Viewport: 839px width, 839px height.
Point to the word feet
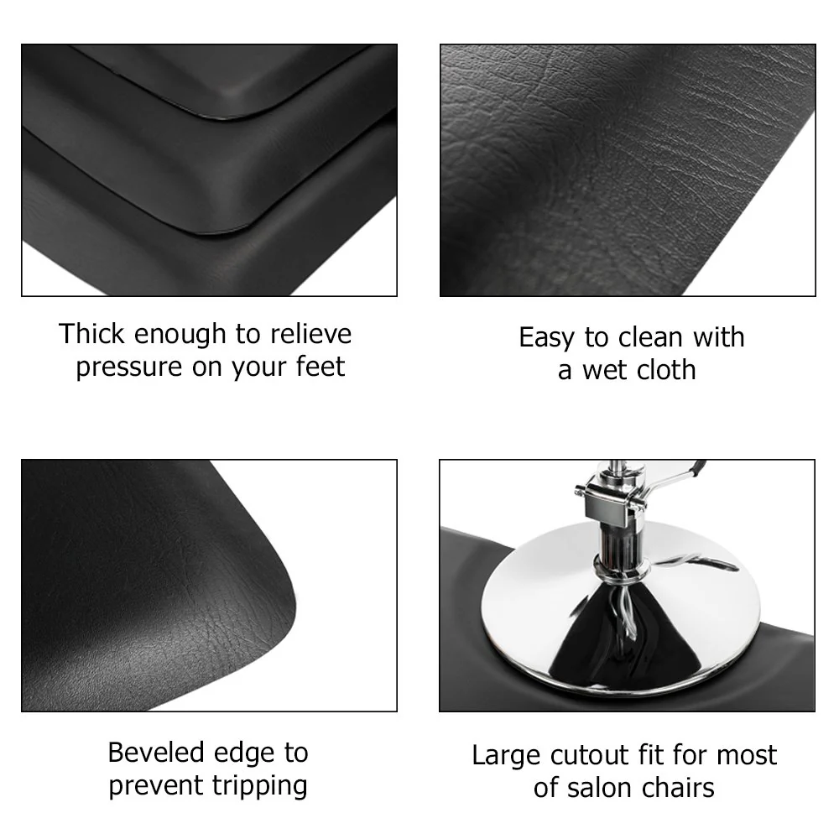point(318,367)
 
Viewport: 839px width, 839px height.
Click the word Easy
point(547,337)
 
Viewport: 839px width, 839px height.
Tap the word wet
point(605,370)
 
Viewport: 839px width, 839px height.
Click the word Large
point(507,756)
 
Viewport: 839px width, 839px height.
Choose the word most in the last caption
point(746,756)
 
